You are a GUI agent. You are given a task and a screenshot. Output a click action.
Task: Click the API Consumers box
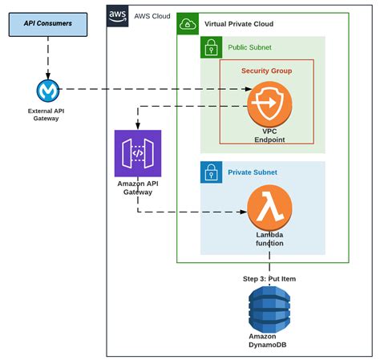48,24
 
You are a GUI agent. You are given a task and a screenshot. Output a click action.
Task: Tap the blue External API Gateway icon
48,91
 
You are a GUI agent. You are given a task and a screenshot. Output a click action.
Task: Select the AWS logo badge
117,16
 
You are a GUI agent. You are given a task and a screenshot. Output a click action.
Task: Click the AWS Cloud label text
152,16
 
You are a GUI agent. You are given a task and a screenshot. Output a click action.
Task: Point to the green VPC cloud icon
188,24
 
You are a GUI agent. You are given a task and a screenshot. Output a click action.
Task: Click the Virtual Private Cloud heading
239,24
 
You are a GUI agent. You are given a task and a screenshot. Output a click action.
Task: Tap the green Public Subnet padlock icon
212,47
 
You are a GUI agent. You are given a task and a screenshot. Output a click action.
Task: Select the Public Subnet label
249,47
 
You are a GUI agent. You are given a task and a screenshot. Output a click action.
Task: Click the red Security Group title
267,71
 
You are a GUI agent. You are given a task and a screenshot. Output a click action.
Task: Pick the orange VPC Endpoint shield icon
269,104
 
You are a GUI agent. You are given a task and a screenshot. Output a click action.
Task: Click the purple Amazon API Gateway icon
138,153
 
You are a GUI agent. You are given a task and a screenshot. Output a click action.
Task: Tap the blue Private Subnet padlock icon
212,172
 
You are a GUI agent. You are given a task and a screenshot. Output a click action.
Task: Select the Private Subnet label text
253,172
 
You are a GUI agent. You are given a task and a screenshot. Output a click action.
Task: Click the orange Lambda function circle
269,208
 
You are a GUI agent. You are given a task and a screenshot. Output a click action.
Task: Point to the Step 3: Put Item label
269,279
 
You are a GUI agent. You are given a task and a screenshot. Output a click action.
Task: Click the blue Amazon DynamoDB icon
269,309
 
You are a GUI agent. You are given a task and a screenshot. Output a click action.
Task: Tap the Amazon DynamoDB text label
268,341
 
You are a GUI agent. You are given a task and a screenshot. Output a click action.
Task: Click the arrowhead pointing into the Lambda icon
243,212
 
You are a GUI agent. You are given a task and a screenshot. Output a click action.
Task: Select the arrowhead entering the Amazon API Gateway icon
138,126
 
